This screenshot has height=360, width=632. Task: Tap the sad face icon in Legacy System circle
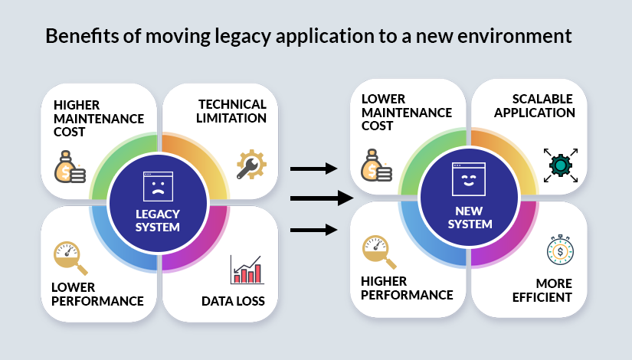point(158,186)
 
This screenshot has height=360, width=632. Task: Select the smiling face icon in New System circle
point(469,178)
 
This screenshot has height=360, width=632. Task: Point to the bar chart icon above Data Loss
point(247,270)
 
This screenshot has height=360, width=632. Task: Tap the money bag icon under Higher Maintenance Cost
point(70,166)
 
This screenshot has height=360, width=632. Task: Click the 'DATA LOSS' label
point(233,301)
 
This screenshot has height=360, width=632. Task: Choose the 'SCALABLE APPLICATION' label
point(534,106)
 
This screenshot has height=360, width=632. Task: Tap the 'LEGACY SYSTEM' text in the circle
point(158,220)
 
